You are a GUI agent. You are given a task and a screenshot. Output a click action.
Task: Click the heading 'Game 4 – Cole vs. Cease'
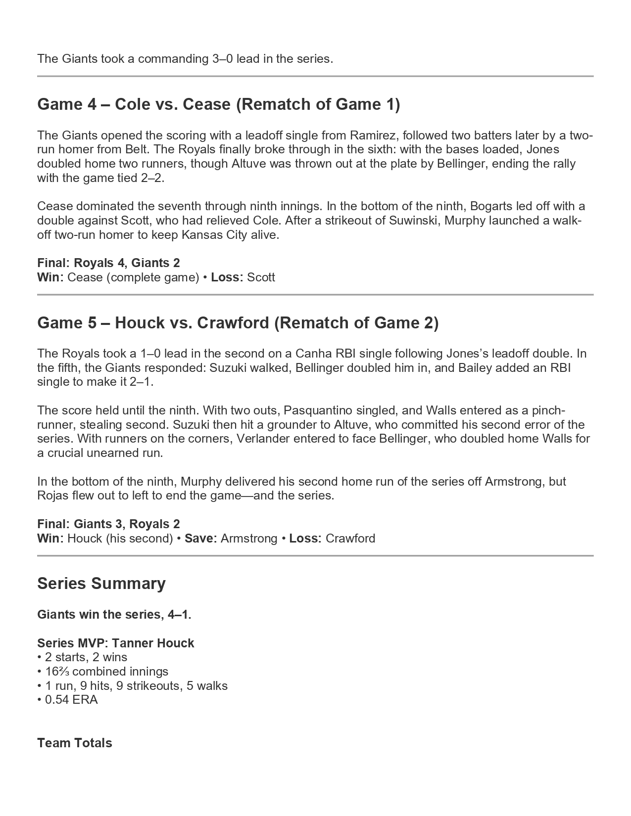[218, 104]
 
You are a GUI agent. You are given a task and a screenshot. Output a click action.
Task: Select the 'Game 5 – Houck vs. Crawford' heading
[238, 323]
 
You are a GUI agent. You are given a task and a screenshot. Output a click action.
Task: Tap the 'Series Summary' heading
[101, 584]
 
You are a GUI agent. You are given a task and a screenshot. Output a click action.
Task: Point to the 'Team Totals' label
[75, 743]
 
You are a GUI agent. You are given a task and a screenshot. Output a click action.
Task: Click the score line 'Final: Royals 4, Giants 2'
[108, 263]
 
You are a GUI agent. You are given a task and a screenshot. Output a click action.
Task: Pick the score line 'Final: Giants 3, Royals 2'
[108, 524]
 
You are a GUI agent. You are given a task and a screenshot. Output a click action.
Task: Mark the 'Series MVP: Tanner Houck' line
[116, 643]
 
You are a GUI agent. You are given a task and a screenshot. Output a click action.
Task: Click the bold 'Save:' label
[201, 539]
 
